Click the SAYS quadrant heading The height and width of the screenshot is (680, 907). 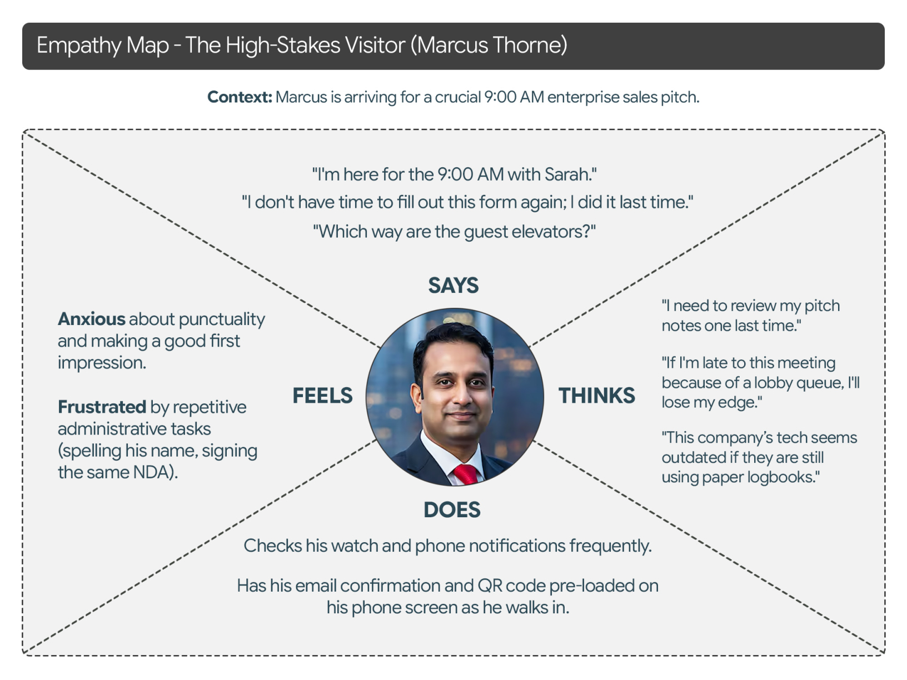point(453,286)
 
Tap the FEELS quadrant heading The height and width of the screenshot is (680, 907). point(322,396)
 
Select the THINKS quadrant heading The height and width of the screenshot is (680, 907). point(596,396)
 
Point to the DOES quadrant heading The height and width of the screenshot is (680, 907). point(452,510)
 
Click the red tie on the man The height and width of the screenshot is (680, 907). point(466,474)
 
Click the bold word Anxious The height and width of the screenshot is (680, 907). point(92,319)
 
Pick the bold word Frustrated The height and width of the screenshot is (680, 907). point(102,407)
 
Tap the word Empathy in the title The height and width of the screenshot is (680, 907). point(78,46)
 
